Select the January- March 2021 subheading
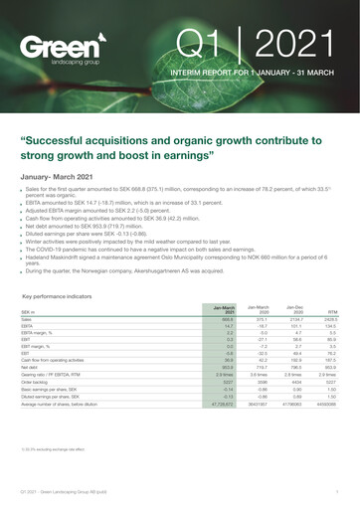64,175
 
